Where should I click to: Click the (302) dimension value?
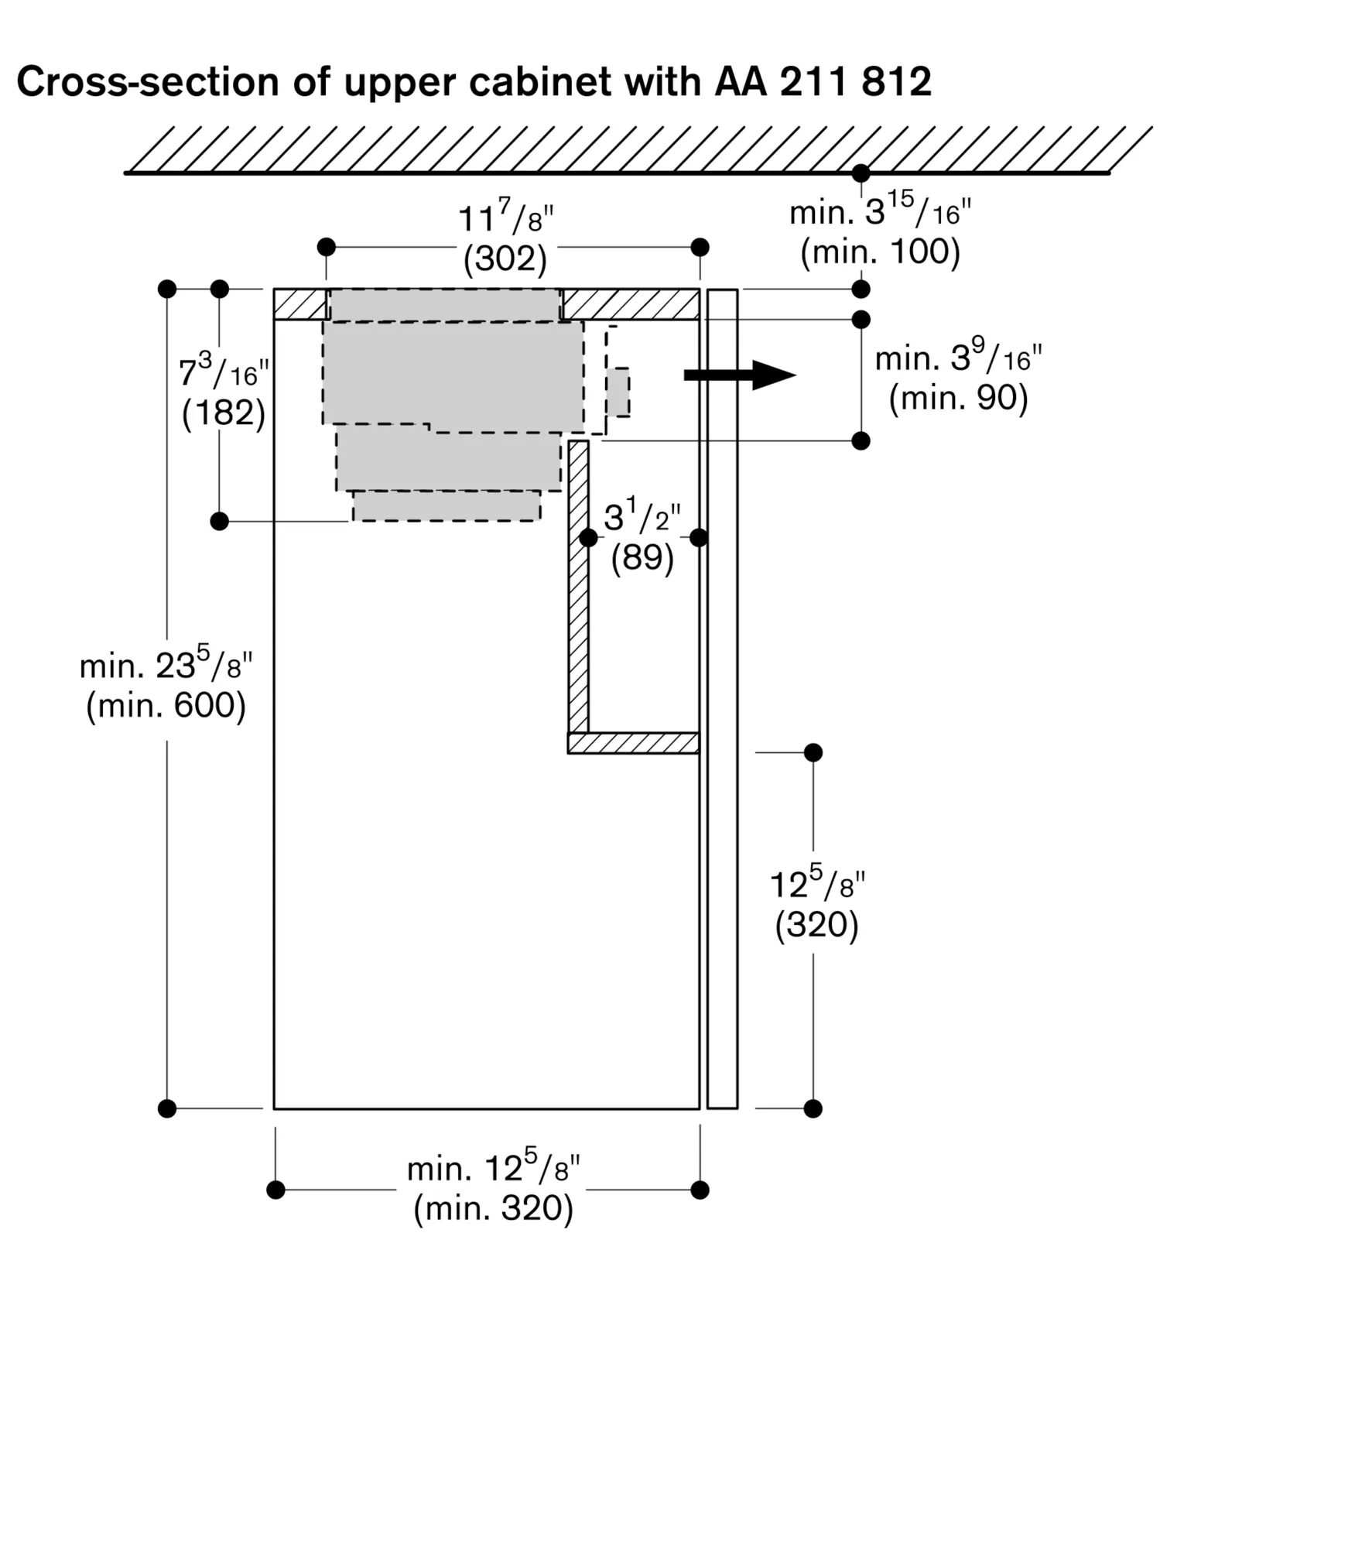(505, 259)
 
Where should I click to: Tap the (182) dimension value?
(224, 413)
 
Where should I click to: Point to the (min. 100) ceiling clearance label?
(880, 252)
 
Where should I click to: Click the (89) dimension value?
(642, 557)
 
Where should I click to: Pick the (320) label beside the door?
(816, 924)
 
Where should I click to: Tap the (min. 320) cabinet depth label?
(494, 1208)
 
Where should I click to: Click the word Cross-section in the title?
(147, 82)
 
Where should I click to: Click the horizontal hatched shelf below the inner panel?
(633, 743)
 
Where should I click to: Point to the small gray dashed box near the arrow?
(618, 392)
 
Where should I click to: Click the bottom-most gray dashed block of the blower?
(447, 505)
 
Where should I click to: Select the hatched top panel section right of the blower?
(630, 304)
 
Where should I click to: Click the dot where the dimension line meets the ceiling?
(861, 173)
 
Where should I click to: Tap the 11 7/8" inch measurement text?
(506, 217)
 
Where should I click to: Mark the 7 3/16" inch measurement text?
(224, 372)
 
